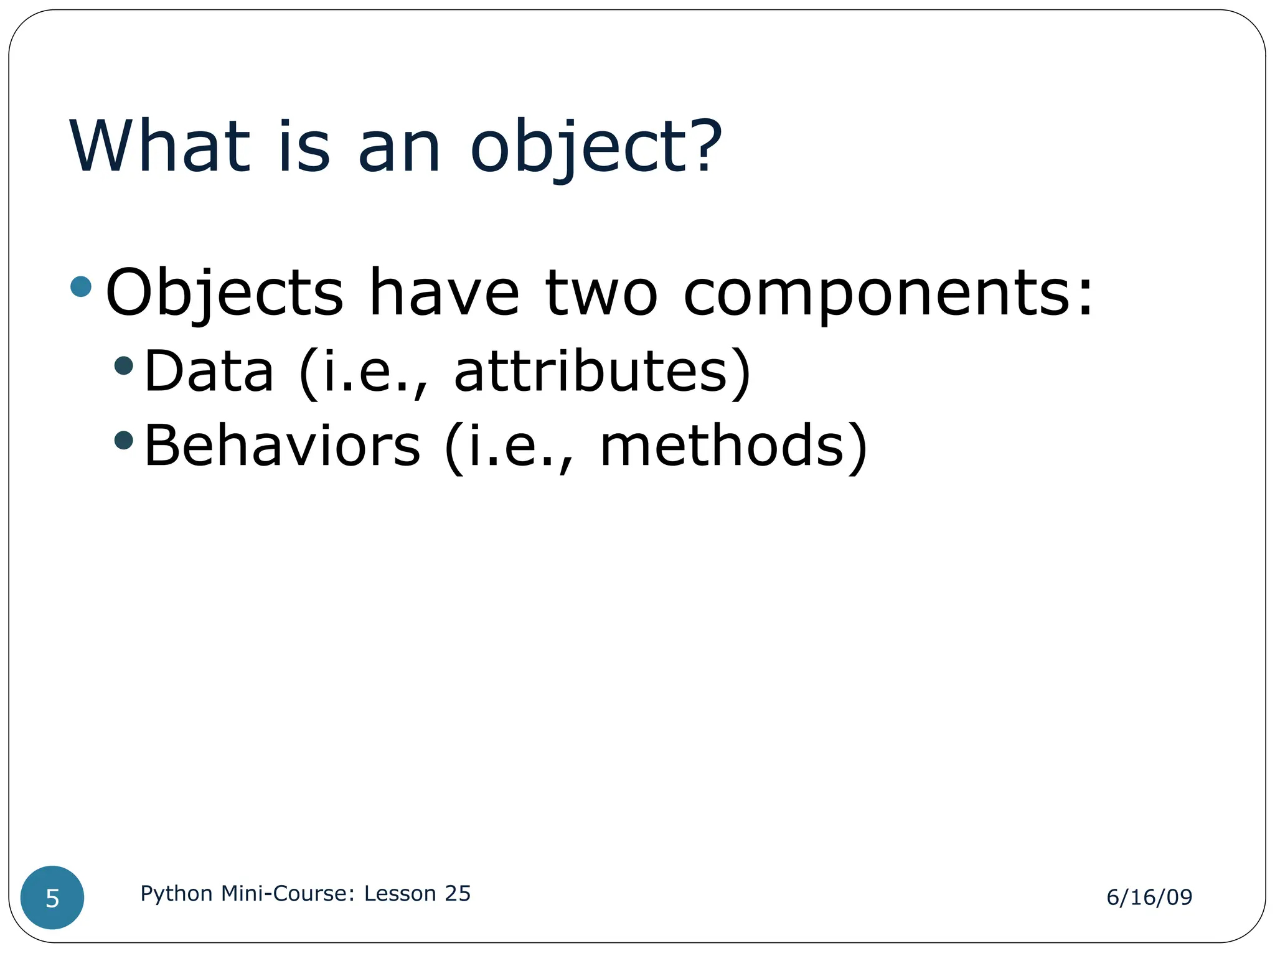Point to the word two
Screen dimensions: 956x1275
click(601, 293)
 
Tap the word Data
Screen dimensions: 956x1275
click(209, 372)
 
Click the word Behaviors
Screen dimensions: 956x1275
click(282, 446)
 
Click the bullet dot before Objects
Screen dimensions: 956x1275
click(81, 286)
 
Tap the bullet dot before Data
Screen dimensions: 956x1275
click(124, 365)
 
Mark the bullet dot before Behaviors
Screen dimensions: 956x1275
click(124, 440)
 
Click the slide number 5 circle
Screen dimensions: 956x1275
click(52, 897)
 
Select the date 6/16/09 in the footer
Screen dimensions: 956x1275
click(1149, 897)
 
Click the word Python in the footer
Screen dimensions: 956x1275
click(177, 894)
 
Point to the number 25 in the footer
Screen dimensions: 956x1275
click(458, 893)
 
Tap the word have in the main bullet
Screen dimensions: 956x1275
click(444, 293)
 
